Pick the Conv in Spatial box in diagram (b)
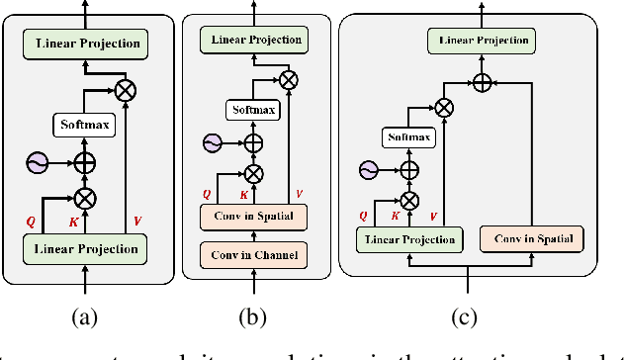(x=254, y=215)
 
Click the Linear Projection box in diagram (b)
(x=255, y=40)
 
